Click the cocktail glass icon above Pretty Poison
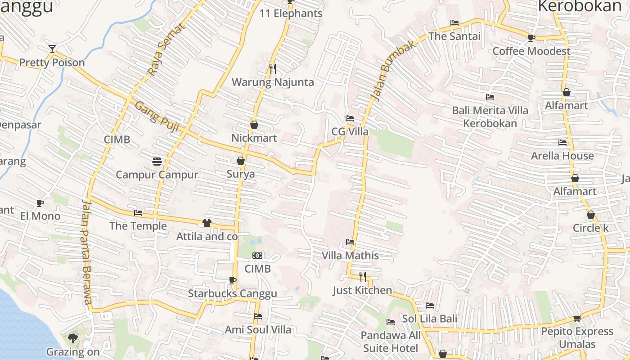click(x=52, y=49)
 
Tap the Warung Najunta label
click(x=272, y=82)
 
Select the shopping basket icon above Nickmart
click(x=254, y=125)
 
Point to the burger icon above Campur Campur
click(x=157, y=161)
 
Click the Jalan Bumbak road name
click(x=386, y=72)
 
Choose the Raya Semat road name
click(x=166, y=50)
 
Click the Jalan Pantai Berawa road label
click(x=87, y=252)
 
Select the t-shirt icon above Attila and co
click(x=207, y=223)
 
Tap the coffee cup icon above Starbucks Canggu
click(x=232, y=281)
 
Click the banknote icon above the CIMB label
click(x=257, y=256)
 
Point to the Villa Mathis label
click(x=350, y=256)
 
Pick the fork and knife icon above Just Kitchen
click(x=363, y=276)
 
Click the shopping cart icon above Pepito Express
click(x=577, y=318)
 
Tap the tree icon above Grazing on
click(x=72, y=338)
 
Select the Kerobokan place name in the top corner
click(x=580, y=6)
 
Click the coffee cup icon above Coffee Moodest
click(x=531, y=38)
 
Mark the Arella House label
click(x=562, y=156)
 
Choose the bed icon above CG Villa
click(x=350, y=118)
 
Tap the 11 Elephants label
click(x=291, y=13)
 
